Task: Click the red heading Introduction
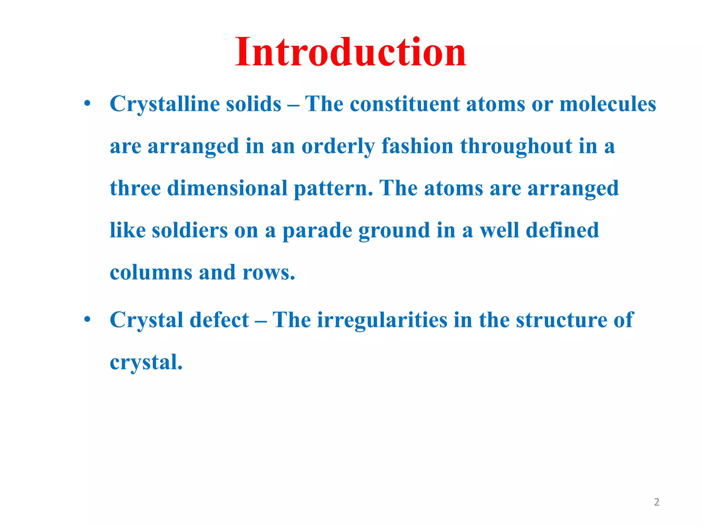coord(350,52)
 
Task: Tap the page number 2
coord(656,502)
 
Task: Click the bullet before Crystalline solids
coord(87,103)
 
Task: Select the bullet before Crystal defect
coord(87,320)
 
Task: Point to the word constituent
coord(404,104)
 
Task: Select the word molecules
coord(607,104)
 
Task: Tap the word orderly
coord(338,147)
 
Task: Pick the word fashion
coord(417,146)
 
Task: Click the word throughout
coord(516,147)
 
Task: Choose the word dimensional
coord(227,188)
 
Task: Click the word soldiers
coord(190,230)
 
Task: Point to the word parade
coord(317,231)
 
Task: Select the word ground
coord(394,231)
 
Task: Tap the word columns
coord(151,273)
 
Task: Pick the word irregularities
coord(382,321)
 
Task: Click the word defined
coord(562,230)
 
